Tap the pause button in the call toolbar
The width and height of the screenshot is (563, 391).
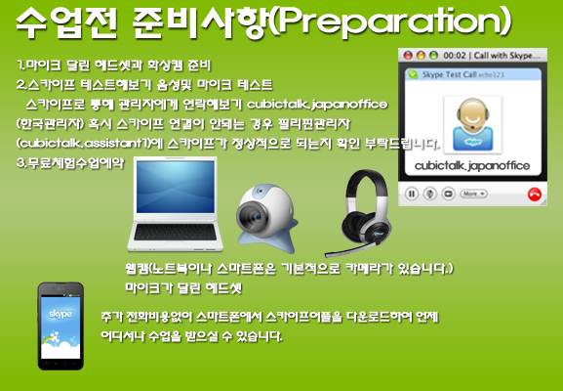(x=412, y=194)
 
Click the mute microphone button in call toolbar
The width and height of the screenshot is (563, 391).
(x=428, y=194)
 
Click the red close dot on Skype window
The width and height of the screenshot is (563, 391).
(x=407, y=56)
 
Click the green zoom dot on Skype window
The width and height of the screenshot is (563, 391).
(x=431, y=56)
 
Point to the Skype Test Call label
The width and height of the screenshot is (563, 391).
(x=446, y=74)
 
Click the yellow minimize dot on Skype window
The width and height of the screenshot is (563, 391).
(x=419, y=56)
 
